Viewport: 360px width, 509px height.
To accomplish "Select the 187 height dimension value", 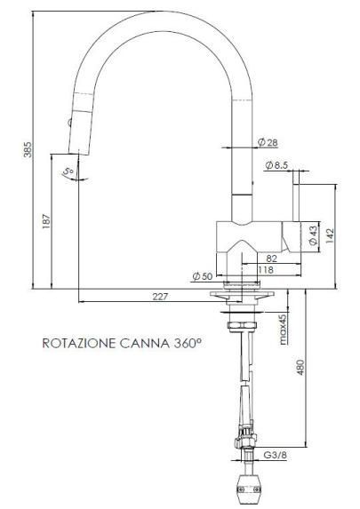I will (x=46, y=224).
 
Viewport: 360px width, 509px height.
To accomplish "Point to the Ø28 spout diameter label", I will (x=267, y=142).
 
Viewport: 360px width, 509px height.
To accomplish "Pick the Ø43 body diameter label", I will (x=313, y=235).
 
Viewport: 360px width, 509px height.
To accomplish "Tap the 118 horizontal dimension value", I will (x=265, y=270).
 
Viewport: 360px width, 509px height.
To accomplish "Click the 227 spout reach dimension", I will (x=159, y=297).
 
